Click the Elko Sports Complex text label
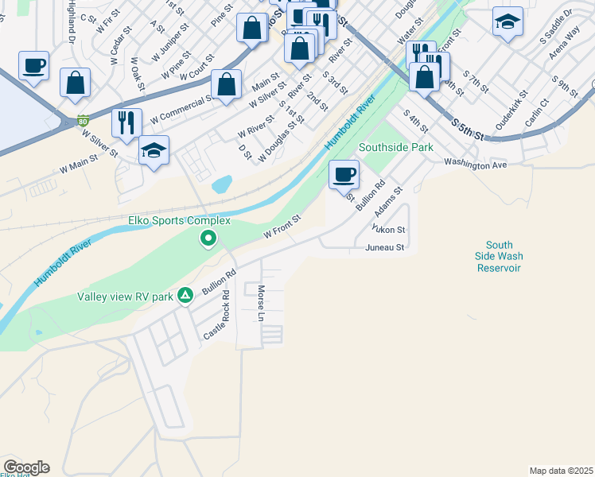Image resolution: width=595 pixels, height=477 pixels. click(179, 220)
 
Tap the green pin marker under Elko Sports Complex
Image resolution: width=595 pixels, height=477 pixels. click(208, 237)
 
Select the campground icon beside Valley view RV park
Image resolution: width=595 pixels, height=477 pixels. click(185, 296)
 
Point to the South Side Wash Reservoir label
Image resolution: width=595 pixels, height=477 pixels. click(499, 257)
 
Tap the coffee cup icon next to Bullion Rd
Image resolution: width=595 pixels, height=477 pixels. click(344, 174)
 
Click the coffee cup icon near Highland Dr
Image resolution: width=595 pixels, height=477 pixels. click(33, 66)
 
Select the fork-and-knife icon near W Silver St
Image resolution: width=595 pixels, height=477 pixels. click(126, 122)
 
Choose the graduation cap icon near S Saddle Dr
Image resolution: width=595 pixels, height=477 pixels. click(507, 23)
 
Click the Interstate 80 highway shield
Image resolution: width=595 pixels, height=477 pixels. click(84, 122)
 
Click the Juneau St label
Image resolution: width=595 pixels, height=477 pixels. click(385, 248)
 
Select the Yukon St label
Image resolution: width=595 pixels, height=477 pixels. click(390, 230)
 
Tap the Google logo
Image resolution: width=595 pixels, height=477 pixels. click(26, 467)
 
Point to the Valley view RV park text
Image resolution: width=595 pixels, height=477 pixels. click(125, 297)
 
